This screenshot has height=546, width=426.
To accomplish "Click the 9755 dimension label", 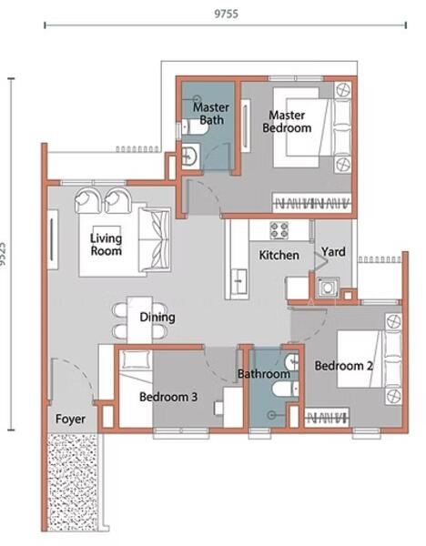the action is pos(226,14).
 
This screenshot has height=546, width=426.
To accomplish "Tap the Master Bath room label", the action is pos(211,114).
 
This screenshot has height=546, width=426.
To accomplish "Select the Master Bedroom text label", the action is pos(287,122).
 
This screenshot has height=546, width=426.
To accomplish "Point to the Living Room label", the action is pos(106,245).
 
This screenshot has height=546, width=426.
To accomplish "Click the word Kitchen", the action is pos(279,255).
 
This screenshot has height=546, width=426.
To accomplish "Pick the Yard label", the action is pos(333,252).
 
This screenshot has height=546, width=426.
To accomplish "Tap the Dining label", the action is pos(157,318).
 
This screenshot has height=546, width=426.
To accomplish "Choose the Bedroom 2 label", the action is pos(344,366).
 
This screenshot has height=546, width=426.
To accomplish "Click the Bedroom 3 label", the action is pos(168,397).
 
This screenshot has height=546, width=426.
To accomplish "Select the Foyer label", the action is pos(70,420).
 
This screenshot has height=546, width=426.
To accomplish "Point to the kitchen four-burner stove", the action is pos(279,230).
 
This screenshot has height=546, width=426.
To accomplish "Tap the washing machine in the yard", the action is pos(328,288).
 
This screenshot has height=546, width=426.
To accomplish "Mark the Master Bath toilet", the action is pos(195,127).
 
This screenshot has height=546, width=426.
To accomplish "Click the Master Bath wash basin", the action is pos(190,156).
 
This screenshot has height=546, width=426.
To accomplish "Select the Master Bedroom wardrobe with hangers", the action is pos(311,203).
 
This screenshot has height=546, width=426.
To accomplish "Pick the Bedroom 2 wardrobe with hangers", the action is pos(327,417).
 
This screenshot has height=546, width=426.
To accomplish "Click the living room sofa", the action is pos(155,240).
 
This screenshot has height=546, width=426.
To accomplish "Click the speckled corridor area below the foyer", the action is pos(73,482).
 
